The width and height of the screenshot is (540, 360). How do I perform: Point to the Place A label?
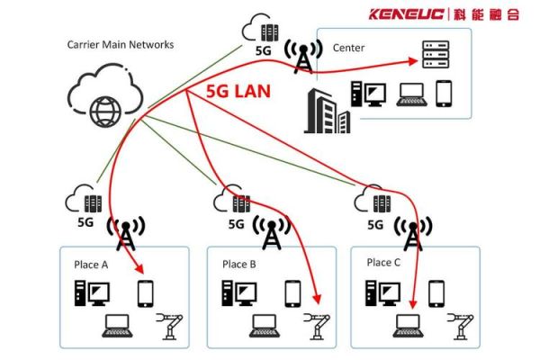91,265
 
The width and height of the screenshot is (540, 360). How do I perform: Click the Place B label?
239,265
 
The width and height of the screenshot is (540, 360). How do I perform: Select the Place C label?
384,263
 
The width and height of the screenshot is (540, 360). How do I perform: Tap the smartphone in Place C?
436,292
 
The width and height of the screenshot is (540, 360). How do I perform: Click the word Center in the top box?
348,47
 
